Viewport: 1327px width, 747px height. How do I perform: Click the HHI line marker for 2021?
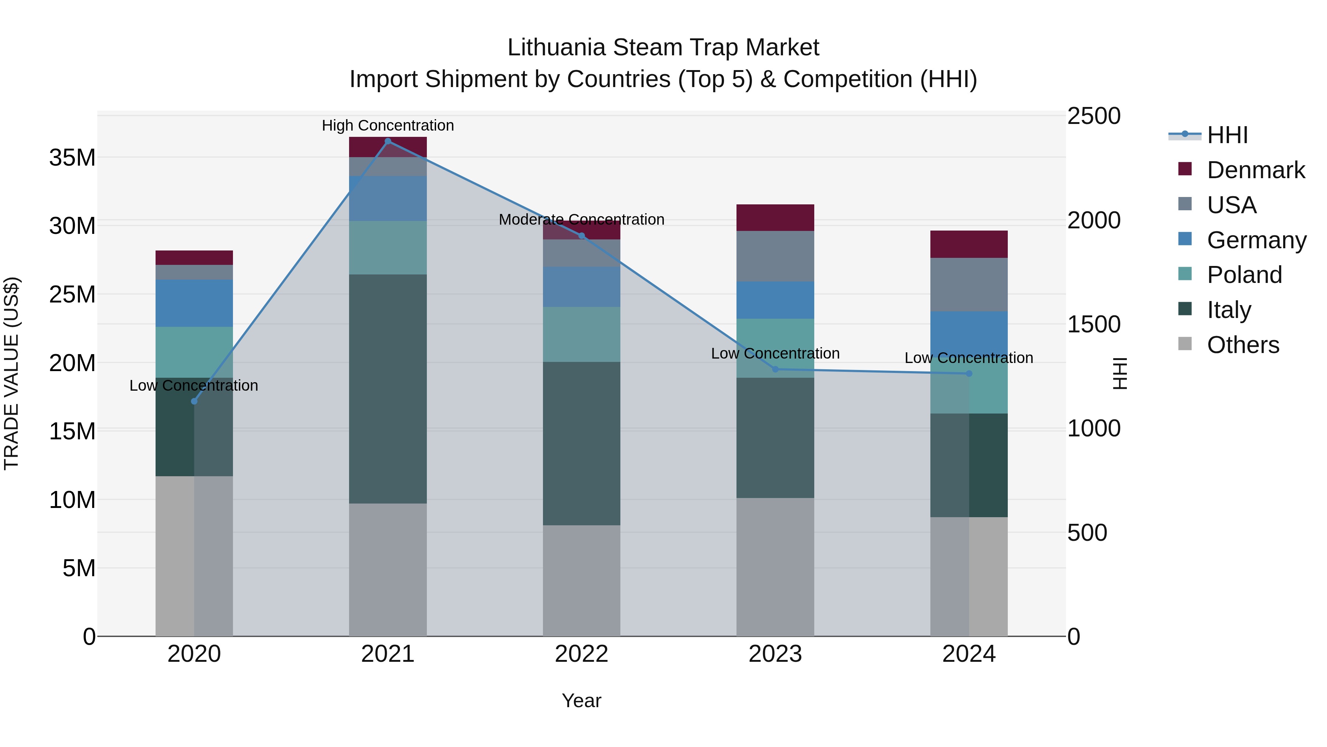pyautogui.click(x=388, y=141)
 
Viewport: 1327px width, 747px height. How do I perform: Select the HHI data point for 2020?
pyautogui.click(x=194, y=402)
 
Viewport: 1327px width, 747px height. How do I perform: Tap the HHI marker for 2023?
pyautogui.click(x=775, y=369)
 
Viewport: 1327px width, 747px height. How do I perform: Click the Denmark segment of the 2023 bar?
pyautogui.click(x=775, y=218)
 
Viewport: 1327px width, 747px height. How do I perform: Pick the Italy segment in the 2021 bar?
pyautogui.click(x=388, y=389)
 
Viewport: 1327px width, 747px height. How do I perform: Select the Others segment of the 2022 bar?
pyautogui.click(x=582, y=581)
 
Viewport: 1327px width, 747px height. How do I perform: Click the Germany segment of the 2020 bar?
pyautogui.click(x=194, y=303)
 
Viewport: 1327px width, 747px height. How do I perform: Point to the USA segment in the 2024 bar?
pyautogui.click(x=969, y=284)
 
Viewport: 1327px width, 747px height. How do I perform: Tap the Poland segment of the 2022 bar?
pyautogui.click(x=582, y=334)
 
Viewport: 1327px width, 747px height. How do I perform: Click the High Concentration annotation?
pyautogui.click(x=388, y=126)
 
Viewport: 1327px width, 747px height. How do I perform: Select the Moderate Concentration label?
pyautogui.click(x=582, y=219)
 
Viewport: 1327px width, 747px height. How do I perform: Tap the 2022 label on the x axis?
pyautogui.click(x=582, y=654)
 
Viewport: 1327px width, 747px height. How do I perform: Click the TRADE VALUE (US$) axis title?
pyautogui.click(x=11, y=373)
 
